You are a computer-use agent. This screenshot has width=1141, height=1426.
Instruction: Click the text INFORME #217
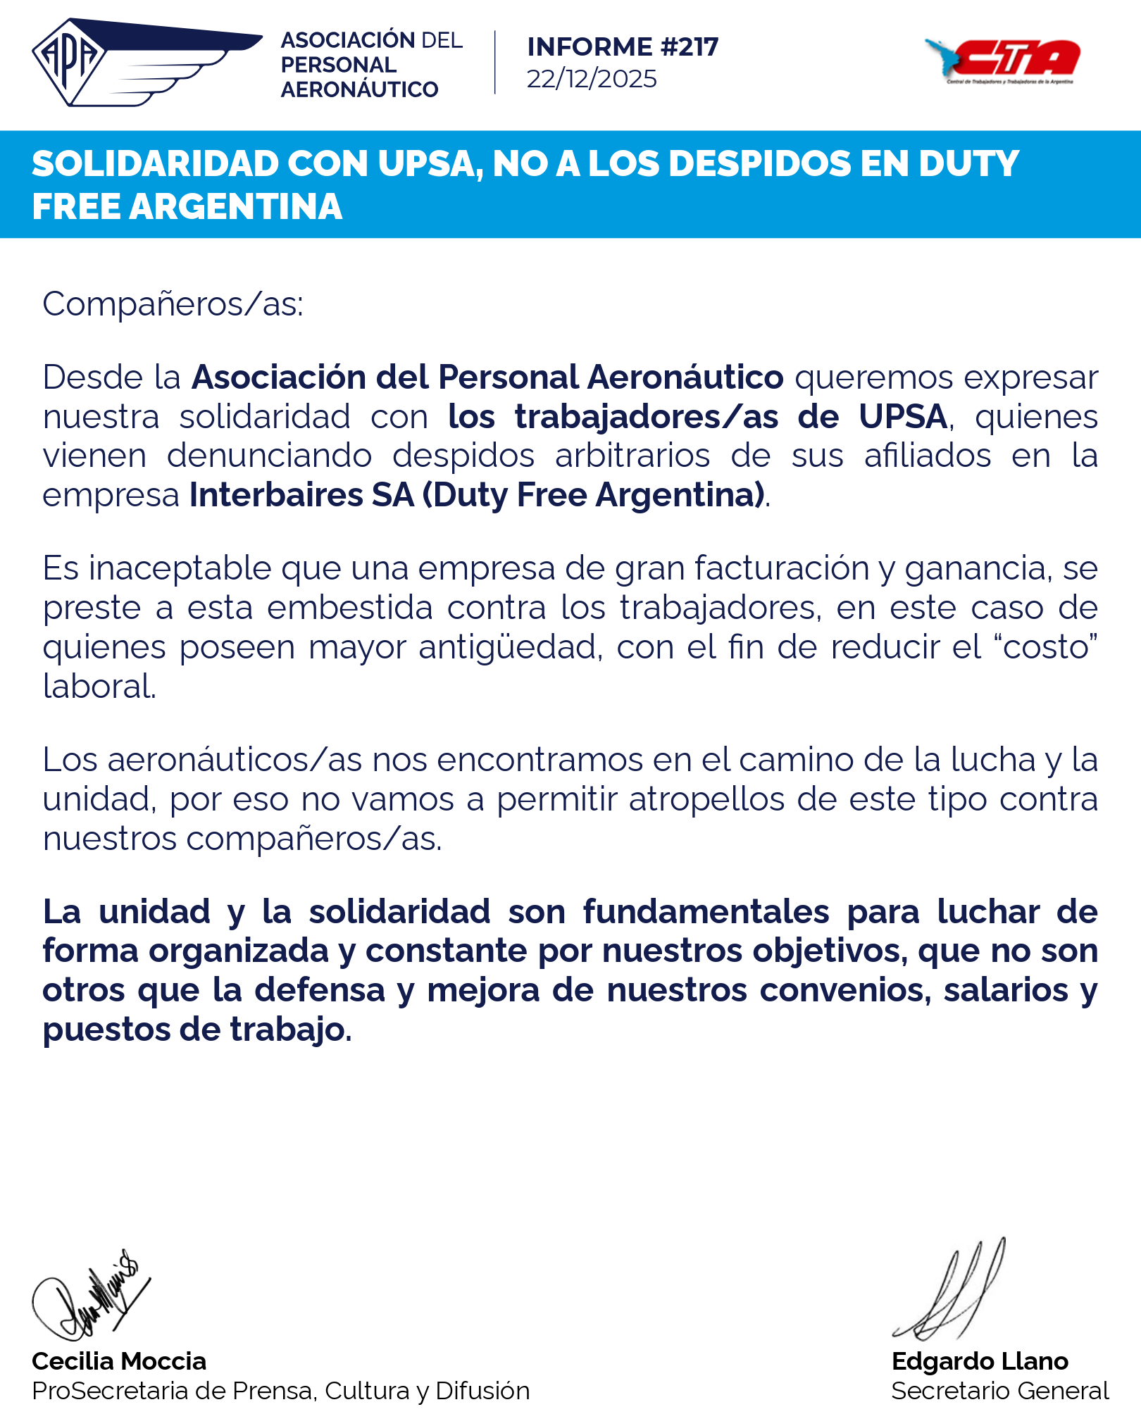click(x=623, y=47)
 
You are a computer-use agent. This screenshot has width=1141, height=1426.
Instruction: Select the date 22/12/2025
click(x=592, y=79)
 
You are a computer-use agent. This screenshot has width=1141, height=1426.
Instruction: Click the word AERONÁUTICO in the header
click(x=359, y=89)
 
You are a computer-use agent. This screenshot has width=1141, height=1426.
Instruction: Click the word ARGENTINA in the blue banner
click(x=236, y=207)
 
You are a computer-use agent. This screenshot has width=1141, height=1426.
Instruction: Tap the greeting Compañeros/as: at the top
click(x=173, y=305)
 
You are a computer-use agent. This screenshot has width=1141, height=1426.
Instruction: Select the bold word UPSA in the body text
click(x=903, y=417)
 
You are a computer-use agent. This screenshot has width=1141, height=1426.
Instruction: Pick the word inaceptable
click(x=180, y=568)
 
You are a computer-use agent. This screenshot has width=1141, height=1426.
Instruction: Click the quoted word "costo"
click(x=1049, y=647)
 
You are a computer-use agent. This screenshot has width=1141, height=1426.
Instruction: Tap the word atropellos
click(x=706, y=799)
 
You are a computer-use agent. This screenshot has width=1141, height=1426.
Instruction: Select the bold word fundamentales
click(x=706, y=912)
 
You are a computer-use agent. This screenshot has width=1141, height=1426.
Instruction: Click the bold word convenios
click(x=841, y=990)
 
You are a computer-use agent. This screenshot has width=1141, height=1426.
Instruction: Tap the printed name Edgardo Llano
click(x=980, y=1361)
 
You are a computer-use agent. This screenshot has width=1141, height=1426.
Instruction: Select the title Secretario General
click(x=999, y=1391)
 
